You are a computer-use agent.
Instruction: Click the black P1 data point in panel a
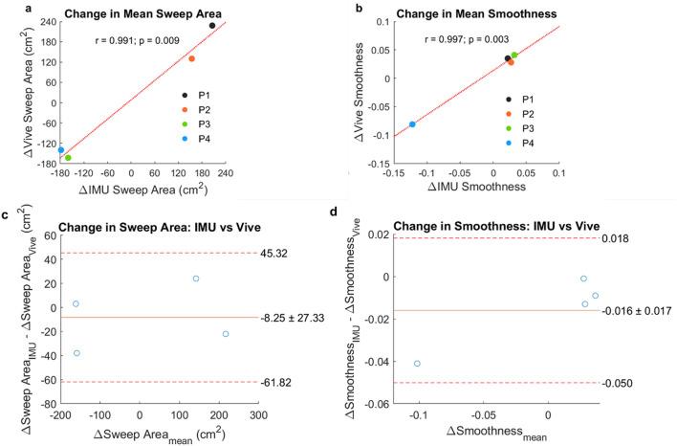click(x=211, y=25)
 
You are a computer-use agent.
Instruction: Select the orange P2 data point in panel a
click(x=192, y=59)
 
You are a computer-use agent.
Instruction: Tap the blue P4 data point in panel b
click(x=412, y=124)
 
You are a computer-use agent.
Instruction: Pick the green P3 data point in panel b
click(x=514, y=56)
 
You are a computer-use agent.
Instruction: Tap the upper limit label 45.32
click(x=273, y=254)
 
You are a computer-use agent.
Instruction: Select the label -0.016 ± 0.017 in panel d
click(x=637, y=310)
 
